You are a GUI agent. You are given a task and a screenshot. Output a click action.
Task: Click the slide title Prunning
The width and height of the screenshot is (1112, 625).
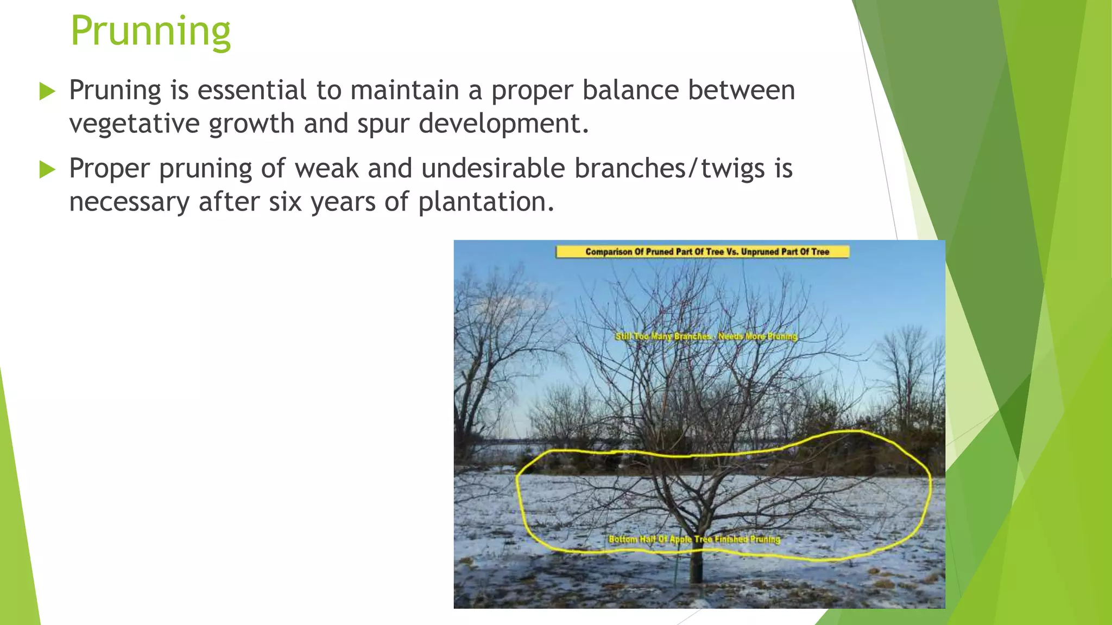(x=150, y=31)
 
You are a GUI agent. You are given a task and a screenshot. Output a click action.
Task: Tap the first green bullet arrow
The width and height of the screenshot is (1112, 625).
(x=48, y=92)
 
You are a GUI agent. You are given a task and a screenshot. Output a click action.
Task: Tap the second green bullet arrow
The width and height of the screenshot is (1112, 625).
(x=48, y=170)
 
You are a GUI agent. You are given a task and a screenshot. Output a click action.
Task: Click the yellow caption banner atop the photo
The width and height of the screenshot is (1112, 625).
(x=702, y=252)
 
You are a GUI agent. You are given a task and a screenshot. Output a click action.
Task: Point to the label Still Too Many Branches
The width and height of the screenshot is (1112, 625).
(x=663, y=336)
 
